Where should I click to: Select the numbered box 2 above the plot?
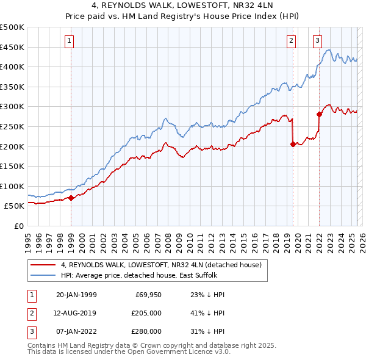pyautogui.click(x=292, y=41)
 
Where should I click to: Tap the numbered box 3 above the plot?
pyautogui.click(x=318, y=41)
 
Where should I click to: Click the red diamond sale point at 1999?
pyautogui.click(x=71, y=198)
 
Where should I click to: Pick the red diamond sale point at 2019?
pyautogui.click(x=293, y=144)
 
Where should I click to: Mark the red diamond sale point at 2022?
pyautogui.click(x=319, y=114)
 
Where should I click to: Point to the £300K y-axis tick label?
pyautogui.click(x=13, y=106)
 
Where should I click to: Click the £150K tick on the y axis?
pyautogui.click(x=13, y=166)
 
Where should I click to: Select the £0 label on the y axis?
pyautogui.click(x=18, y=226)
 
